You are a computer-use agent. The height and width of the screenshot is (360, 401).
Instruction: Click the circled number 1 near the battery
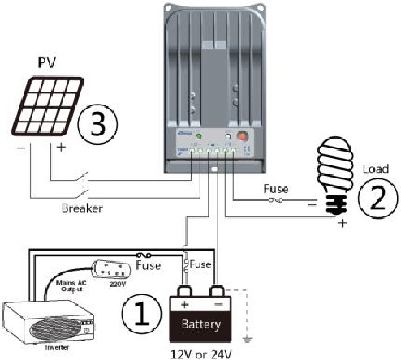(x=142, y=311)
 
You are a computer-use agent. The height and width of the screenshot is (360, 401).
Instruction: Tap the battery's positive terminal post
(x=184, y=291)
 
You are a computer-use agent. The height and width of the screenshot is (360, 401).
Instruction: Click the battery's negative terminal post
(x=217, y=291)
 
